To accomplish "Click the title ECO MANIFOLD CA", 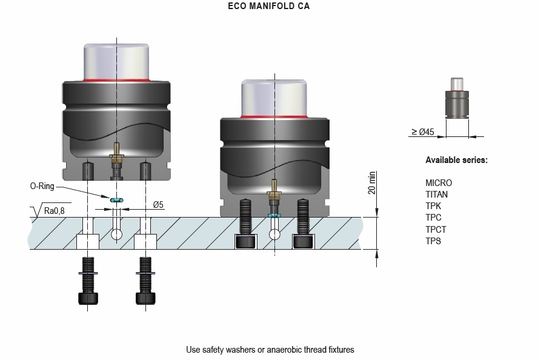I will coord(269,7).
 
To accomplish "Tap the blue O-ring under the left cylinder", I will coord(116,199).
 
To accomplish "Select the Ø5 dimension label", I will coord(158,205).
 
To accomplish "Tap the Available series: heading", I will coord(456,160).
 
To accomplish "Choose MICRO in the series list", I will coord(439,183).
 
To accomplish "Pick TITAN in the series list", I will coord(437,195).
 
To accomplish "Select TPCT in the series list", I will coord(436,230).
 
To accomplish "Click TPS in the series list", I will coord(433,241).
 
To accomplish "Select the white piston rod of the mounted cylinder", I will coord(276,96).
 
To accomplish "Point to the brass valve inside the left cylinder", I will coord(116,158).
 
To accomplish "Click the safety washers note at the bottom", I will coord(270,350).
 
